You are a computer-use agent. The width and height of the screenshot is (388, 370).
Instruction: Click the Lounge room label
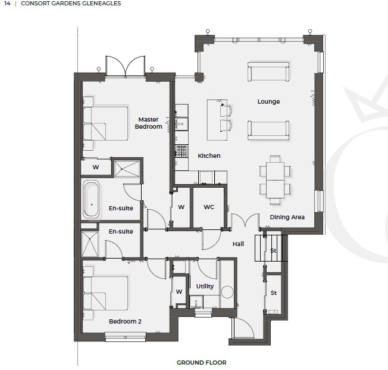point(268,102)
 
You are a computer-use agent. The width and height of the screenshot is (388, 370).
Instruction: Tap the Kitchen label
point(209,156)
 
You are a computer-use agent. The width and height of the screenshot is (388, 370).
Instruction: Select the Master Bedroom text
point(148,123)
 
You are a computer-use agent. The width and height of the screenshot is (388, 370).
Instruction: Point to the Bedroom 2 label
point(125,321)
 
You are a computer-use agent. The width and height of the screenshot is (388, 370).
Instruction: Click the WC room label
point(209,207)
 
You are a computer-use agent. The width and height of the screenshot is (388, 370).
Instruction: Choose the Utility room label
point(205,287)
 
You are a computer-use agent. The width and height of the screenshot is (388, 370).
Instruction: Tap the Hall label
point(238,244)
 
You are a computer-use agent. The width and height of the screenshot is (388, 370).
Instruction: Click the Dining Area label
point(287,217)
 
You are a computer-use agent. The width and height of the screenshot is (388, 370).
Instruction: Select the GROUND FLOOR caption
point(201,363)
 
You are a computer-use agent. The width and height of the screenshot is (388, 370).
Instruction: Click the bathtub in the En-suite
point(91,199)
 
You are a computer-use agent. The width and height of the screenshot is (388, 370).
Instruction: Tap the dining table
point(275,180)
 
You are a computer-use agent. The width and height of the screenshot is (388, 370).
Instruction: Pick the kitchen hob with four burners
point(181,151)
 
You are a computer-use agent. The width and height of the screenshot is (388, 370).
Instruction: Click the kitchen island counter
point(217,120)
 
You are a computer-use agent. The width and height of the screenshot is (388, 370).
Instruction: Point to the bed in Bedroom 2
point(106,293)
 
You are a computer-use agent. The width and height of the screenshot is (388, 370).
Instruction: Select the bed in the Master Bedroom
point(106,123)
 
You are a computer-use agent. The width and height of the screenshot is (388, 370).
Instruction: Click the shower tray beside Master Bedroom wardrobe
point(127,169)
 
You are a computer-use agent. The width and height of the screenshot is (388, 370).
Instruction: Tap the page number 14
point(7,4)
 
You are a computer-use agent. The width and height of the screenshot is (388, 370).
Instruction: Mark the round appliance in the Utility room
point(227,292)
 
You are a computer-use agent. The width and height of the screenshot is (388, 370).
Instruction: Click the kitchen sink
point(182,124)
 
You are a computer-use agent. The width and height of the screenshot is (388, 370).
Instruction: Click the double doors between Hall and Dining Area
point(245,220)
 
